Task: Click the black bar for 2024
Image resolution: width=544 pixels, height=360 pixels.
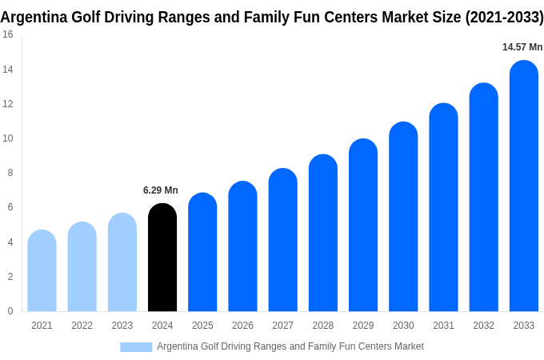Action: coord(162,258)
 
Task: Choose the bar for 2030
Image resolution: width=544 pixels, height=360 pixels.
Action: coord(403,217)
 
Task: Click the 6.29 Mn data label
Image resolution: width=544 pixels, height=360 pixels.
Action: coord(161,190)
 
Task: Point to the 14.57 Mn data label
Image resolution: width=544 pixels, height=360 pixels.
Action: coord(522,47)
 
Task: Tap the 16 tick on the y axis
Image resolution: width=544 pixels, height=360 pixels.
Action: coord(7,34)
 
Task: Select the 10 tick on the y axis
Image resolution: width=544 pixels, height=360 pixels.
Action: coord(7,138)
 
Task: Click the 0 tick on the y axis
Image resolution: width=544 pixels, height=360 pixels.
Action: coord(10,311)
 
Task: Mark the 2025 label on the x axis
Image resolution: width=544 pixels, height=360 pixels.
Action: coord(202,326)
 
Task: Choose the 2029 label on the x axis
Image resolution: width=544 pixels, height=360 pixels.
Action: coord(363,326)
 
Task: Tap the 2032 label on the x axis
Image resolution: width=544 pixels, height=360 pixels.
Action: coord(483,326)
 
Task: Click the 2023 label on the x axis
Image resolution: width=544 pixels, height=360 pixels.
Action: coord(122,326)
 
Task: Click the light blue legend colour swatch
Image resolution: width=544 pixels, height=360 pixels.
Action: coord(136,347)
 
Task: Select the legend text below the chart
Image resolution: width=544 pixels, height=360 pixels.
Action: coord(290,346)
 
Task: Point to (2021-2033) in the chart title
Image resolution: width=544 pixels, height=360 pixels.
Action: coord(504,17)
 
